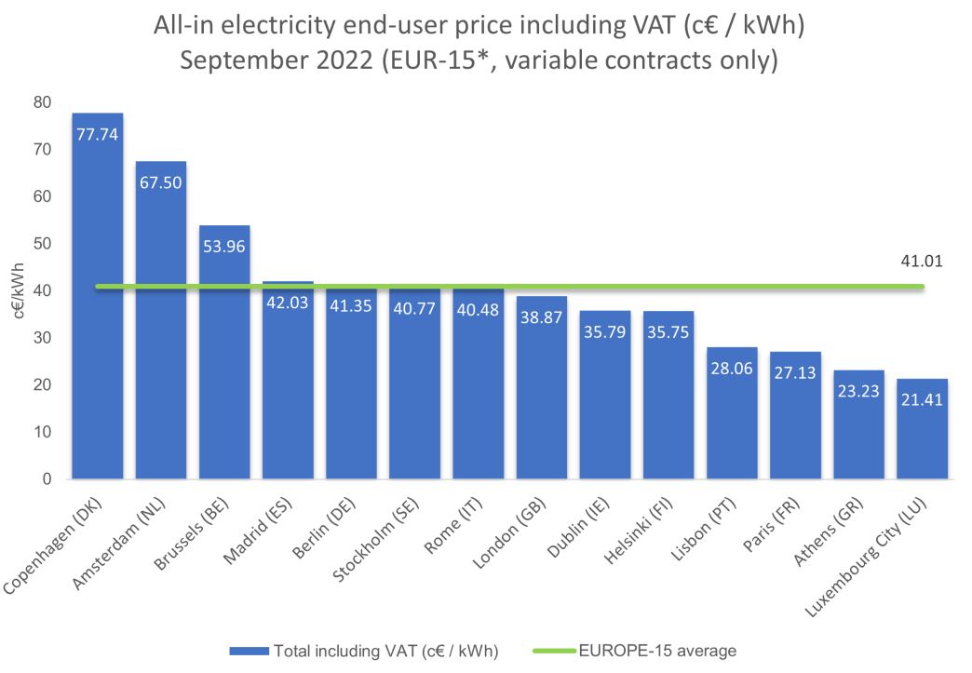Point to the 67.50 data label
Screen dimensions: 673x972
(161, 182)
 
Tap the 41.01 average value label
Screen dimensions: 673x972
(922, 262)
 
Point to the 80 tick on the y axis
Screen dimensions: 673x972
(43, 101)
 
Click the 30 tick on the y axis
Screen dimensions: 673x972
(43, 338)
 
